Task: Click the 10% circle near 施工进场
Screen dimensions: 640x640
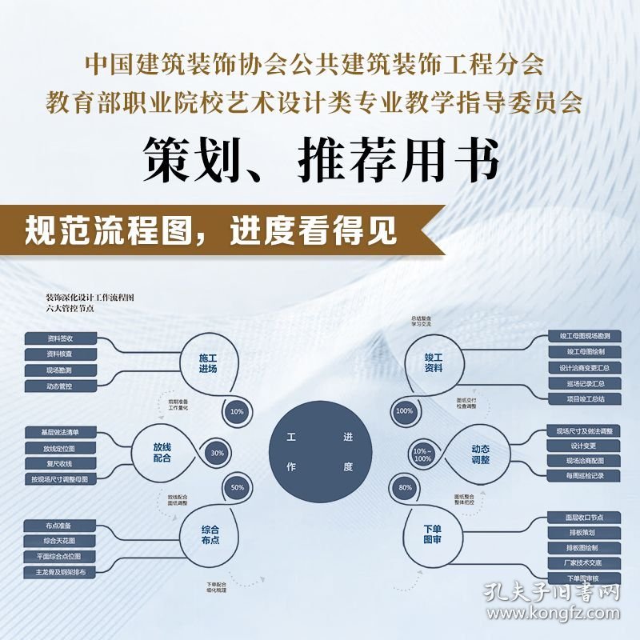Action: (236, 412)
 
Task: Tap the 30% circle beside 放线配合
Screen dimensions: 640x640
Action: (218, 453)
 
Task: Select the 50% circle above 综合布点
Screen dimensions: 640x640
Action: (237, 487)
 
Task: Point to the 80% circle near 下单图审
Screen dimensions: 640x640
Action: (406, 487)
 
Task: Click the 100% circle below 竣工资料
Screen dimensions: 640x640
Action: (405, 411)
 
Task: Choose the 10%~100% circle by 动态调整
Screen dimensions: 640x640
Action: (422, 454)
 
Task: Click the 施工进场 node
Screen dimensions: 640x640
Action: (208, 364)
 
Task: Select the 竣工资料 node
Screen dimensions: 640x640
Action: (434, 364)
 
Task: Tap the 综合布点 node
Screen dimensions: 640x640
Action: (210, 534)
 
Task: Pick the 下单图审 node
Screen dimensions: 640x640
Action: (432, 534)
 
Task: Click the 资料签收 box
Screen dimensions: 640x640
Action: (60, 338)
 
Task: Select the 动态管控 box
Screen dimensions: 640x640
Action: (60, 386)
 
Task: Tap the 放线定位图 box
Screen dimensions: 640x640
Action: (60, 448)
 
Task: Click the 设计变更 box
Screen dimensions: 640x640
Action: (582, 446)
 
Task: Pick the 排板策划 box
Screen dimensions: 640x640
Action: (582, 532)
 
